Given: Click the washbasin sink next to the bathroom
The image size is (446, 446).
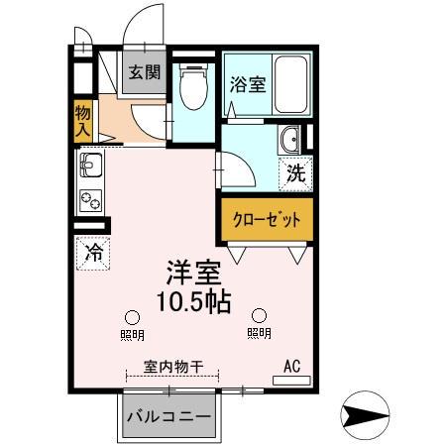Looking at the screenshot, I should click(292, 141).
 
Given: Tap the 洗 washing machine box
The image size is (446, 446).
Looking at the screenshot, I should click(295, 174).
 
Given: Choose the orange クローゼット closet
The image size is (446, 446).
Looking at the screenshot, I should click(266, 220).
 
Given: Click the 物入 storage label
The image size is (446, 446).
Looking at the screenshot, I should click(82, 120).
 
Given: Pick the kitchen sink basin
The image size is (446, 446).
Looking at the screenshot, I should click(89, 165).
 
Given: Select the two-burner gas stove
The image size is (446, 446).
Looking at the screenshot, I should click(89, 198).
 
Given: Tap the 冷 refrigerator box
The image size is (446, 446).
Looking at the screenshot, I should click(91, 254).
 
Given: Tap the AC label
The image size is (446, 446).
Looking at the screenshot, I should click(291, 366).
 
